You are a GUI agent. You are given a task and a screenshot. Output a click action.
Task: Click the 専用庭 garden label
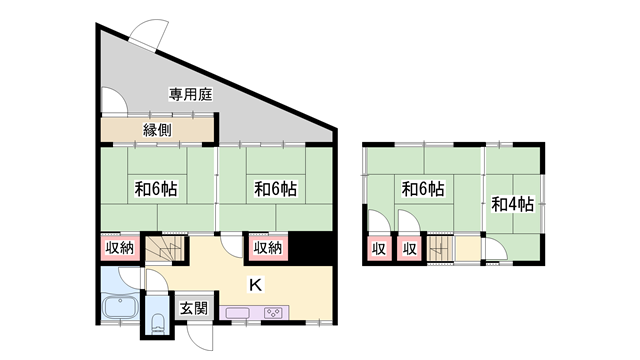[191, 95]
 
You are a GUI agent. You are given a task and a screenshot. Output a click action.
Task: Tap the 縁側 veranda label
[158, 130]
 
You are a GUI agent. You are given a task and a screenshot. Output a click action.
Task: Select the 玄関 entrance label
[194, 309]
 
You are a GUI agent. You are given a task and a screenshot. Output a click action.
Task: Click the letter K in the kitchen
[256, 284]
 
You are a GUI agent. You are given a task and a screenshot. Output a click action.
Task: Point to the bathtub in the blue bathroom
[120, 307]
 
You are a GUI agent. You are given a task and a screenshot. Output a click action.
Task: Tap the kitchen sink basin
[238, 313]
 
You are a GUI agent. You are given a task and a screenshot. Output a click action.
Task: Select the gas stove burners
[272, 313]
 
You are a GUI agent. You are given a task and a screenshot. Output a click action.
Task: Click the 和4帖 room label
[513, 204]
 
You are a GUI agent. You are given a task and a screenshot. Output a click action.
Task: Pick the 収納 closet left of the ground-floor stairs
[120, 247]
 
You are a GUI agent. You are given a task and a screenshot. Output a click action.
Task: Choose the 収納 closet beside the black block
[268, 247]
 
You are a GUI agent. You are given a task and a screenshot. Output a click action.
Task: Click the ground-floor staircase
[165, 249]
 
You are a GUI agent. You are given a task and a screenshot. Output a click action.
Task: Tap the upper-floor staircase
[440, 248]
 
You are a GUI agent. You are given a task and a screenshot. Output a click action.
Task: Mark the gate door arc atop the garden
[150, 33]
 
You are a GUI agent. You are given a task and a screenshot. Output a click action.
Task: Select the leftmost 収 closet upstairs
[379, 249]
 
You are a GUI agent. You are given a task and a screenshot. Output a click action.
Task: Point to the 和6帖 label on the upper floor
[423, 189]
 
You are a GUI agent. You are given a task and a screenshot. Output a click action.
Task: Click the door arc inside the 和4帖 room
[496, 249]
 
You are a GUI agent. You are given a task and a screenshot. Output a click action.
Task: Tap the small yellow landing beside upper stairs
[468, 248]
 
